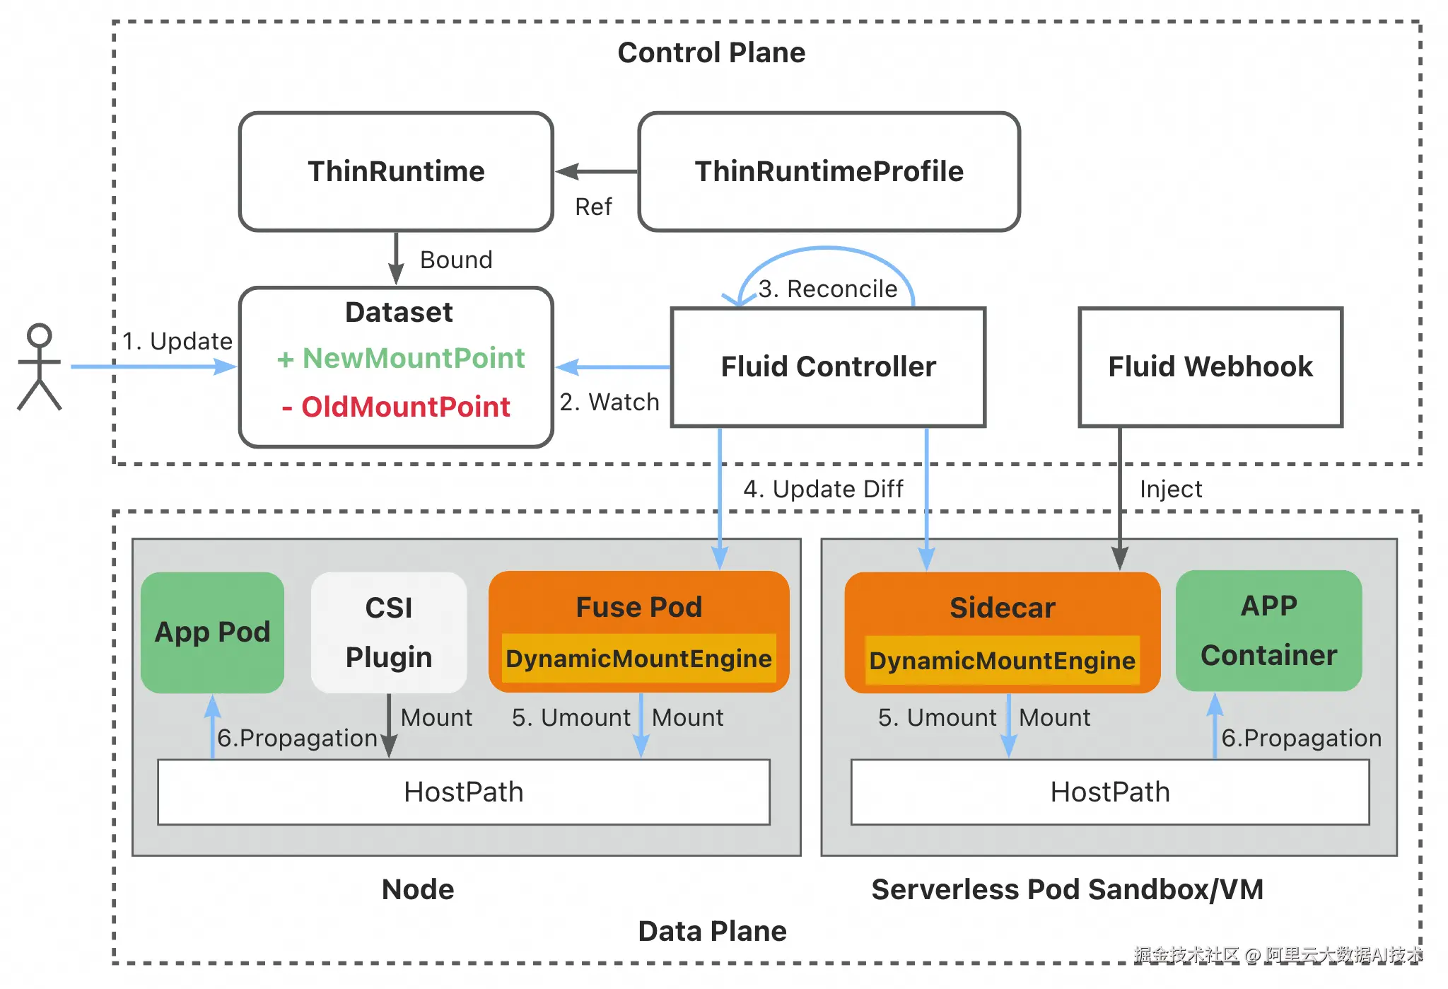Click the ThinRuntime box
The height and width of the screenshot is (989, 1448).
[396, 172]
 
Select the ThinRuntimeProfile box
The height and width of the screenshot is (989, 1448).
[829, 172]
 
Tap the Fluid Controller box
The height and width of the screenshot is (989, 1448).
[828, 367]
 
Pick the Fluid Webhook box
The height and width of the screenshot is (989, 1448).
[1210, 367]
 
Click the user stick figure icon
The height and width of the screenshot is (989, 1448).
[40, 366]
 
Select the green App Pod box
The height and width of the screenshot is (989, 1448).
[212, 632]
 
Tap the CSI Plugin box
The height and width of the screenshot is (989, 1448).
[389, 632]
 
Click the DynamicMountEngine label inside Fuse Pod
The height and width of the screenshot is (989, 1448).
[638, 659]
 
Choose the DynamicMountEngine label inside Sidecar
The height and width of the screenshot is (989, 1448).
[1002, 661]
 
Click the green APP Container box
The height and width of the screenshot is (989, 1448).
[1268, 630]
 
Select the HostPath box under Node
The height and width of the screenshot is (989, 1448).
[464, 792]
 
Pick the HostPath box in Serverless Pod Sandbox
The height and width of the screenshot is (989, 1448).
[1110, 792]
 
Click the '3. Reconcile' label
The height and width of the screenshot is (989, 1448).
[828, 289]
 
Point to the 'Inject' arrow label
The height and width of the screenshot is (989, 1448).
[1171, 489]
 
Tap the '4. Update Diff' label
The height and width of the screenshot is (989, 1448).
[823, 489]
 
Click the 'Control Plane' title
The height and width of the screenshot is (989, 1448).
[711, 52]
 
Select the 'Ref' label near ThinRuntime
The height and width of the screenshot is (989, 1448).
[593, 207]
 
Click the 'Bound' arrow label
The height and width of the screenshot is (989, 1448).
[456, 260]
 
